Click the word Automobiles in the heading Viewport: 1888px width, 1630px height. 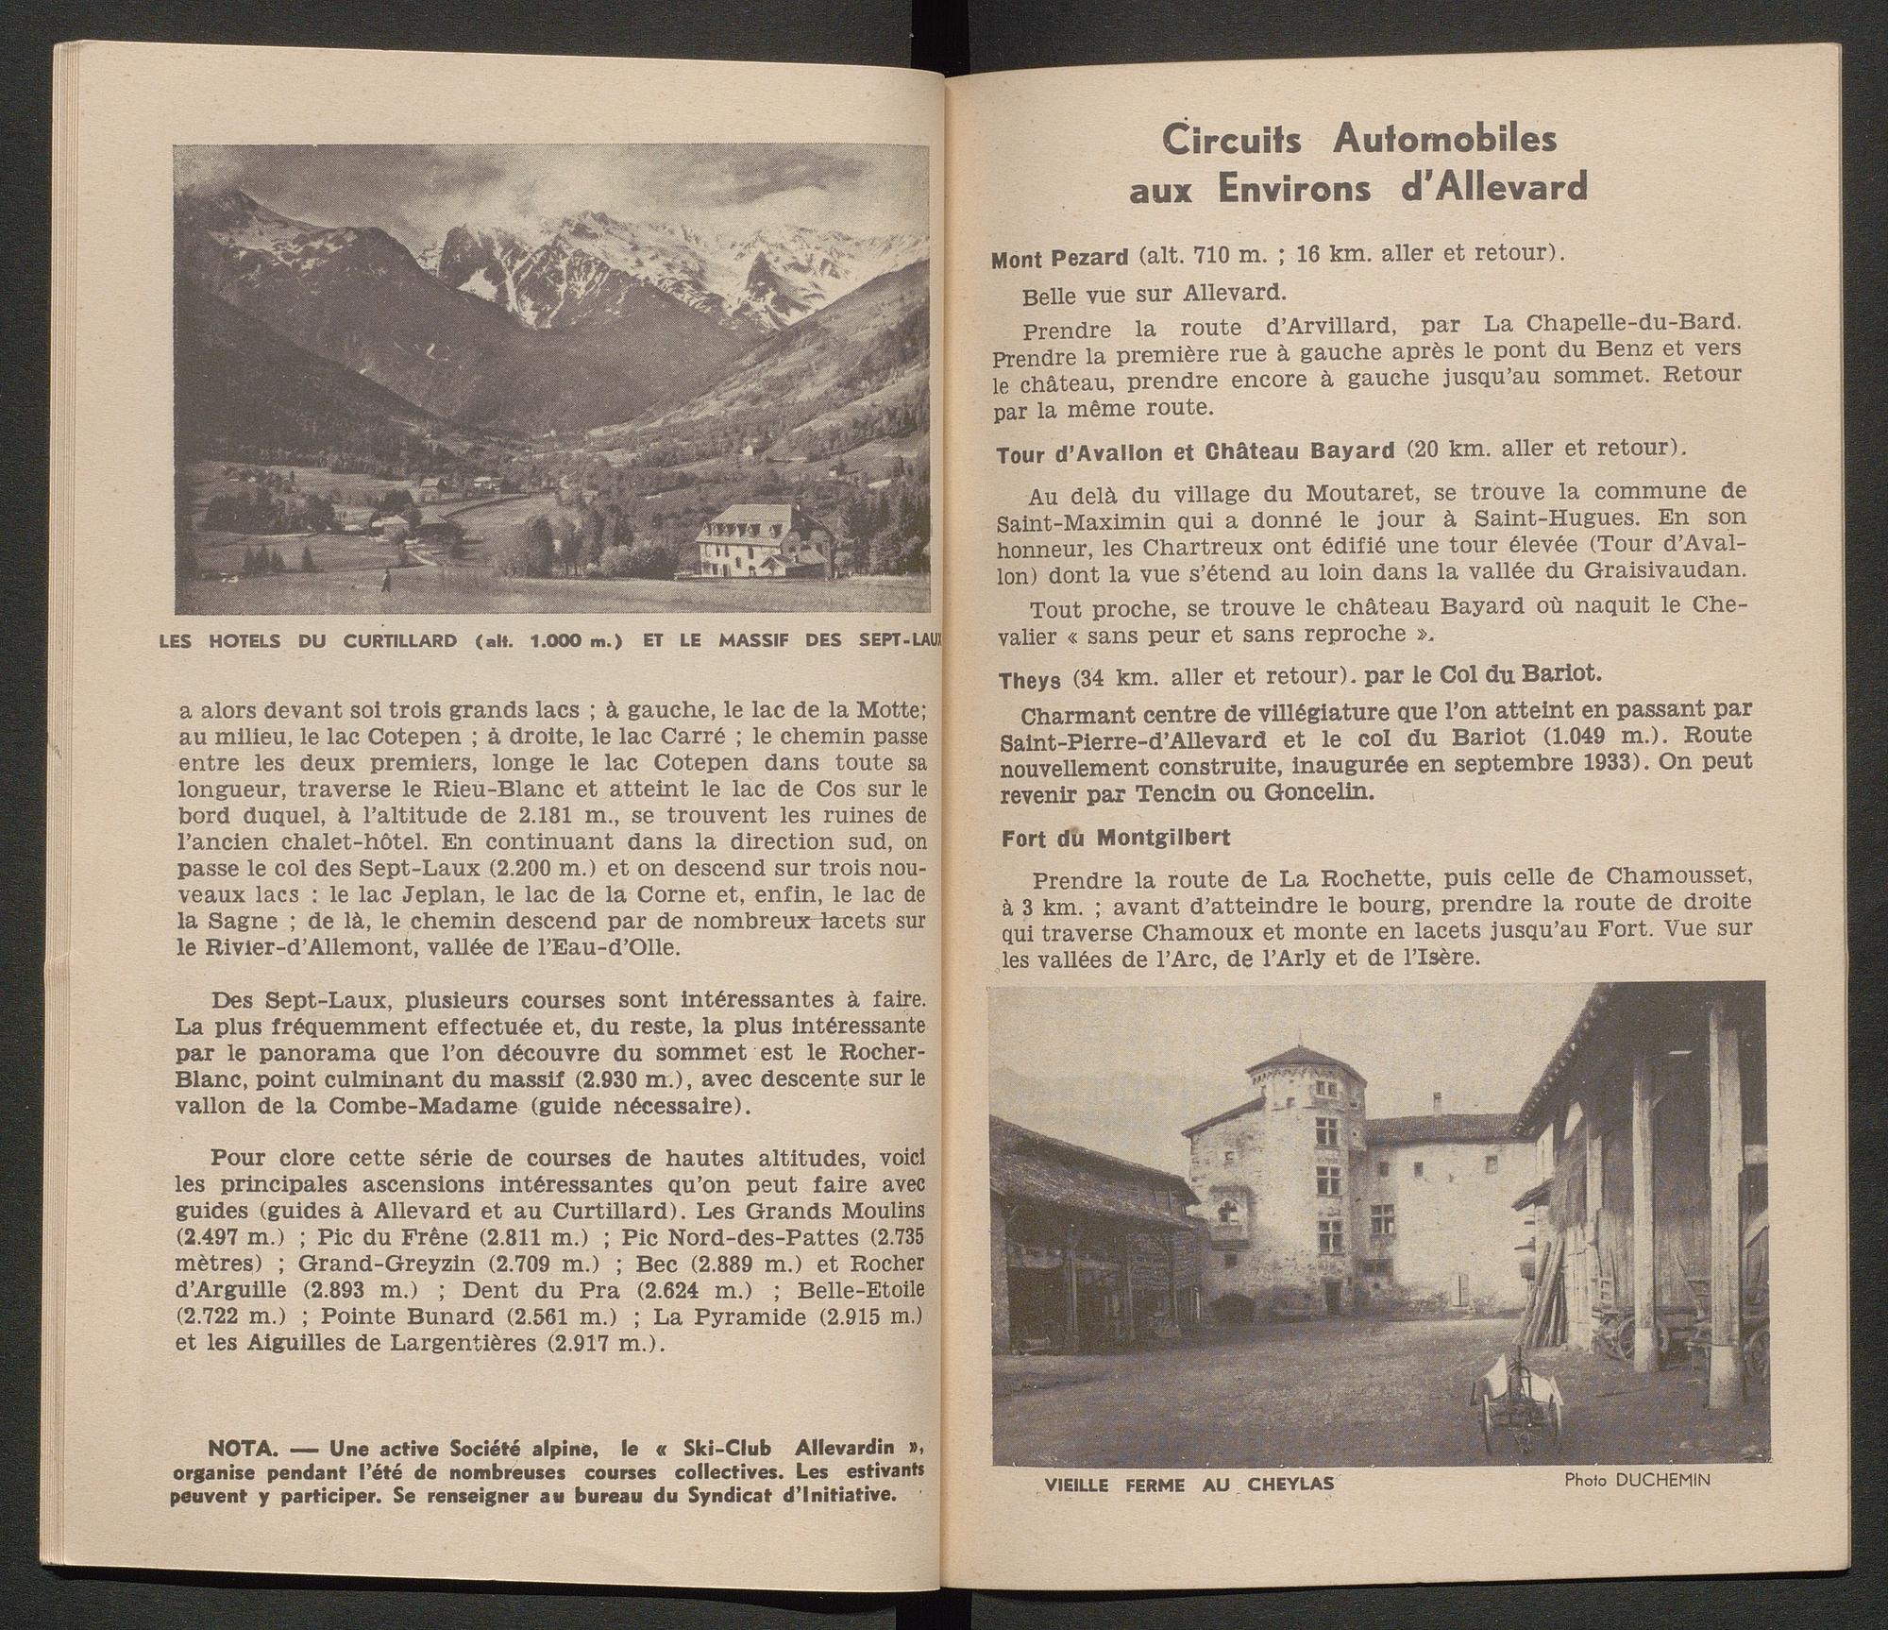(1444, 140)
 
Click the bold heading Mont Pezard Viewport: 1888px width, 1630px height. (1060, 257)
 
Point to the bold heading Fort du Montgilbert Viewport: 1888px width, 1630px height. (1116, 838)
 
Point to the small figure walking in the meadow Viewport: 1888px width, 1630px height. (387, 579)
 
